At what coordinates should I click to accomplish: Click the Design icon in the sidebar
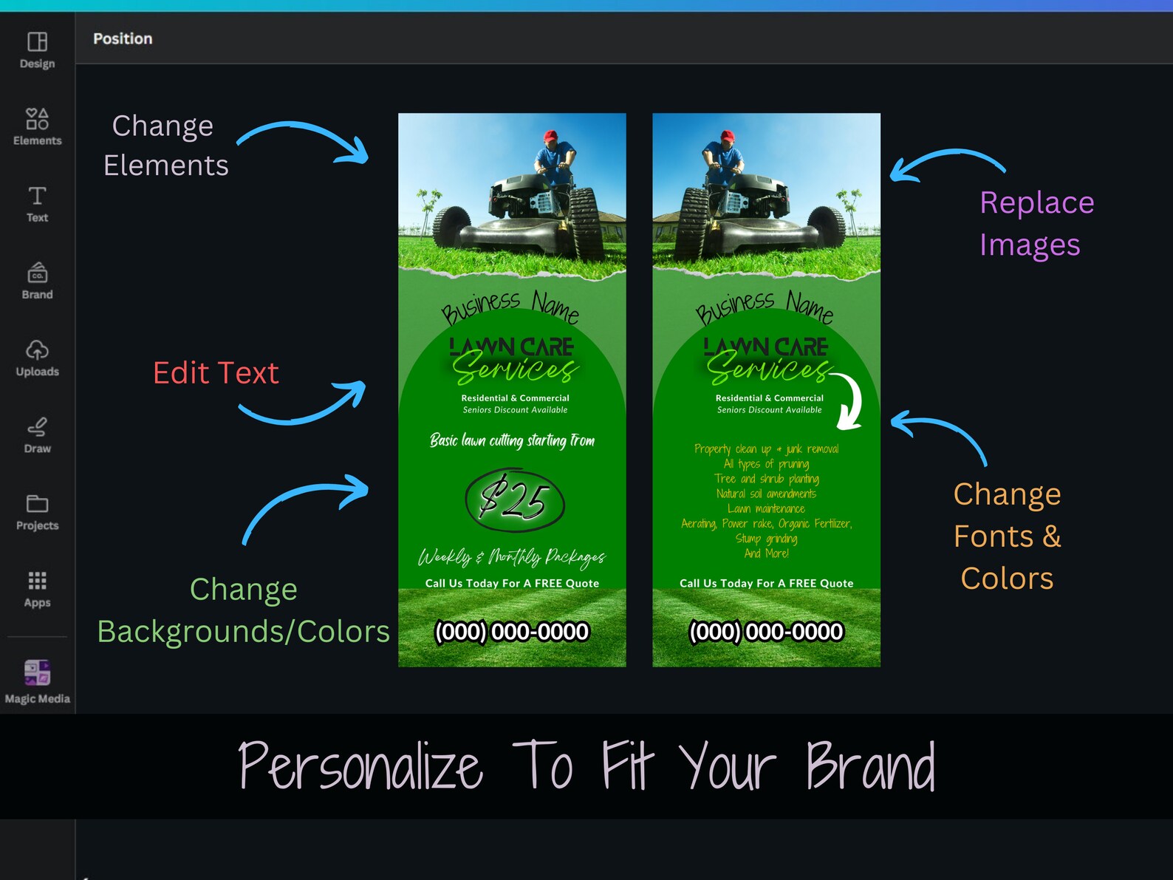point(38,41)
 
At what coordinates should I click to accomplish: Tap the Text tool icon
point(38,196)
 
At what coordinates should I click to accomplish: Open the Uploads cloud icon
point(38,350)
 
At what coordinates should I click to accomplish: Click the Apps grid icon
point(38,580)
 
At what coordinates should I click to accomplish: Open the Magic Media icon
point(38,672)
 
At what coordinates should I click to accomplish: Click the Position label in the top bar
point(123,38)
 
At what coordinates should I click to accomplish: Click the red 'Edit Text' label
point(216,372)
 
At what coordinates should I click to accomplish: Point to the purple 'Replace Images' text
point(1036,223)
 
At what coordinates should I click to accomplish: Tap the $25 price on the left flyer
point(514,500)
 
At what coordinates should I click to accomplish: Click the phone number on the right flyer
point(766,632)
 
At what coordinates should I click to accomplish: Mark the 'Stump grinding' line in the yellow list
point(766,539)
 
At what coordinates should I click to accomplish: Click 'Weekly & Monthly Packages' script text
point(512,557)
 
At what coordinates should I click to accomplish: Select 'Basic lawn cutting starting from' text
point(512,440)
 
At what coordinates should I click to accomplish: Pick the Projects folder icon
point(38,503)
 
